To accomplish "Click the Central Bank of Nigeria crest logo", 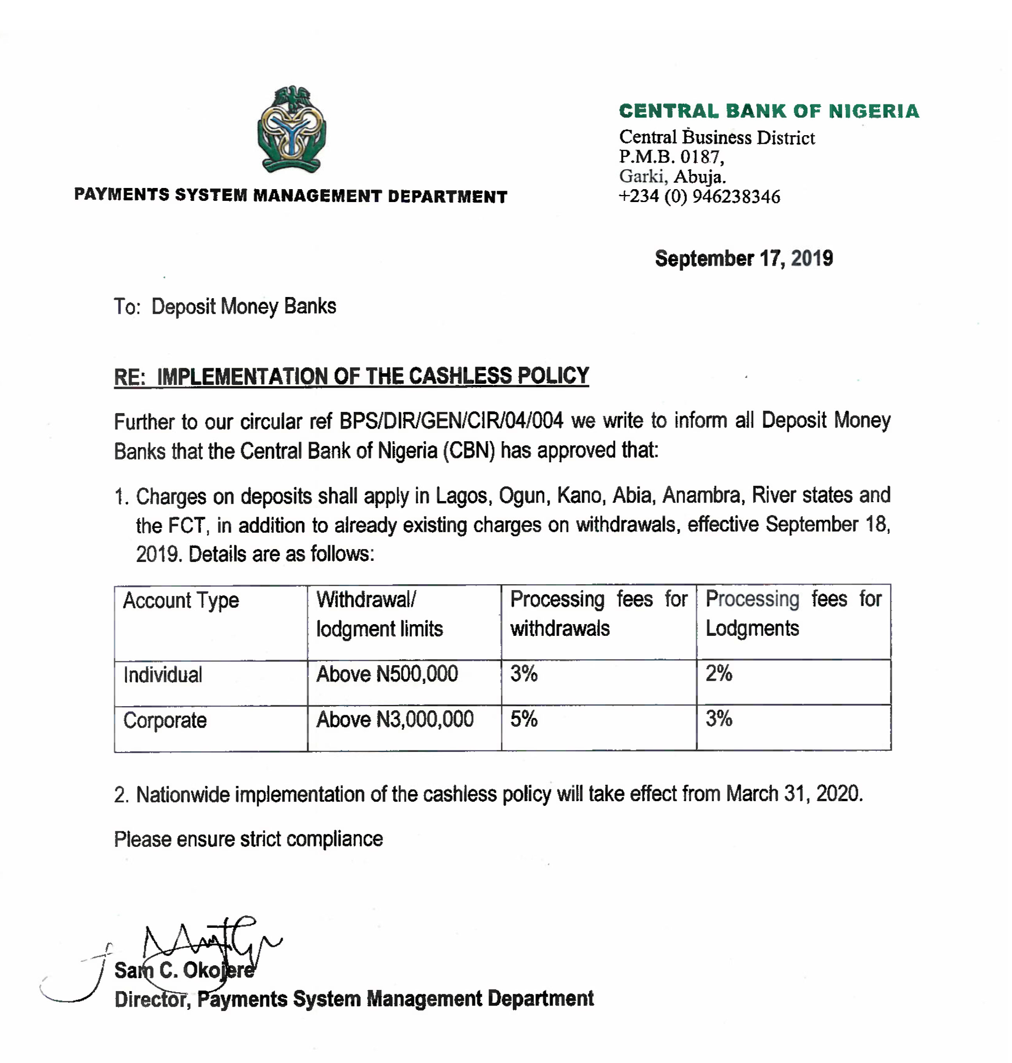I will (x=291, y=130).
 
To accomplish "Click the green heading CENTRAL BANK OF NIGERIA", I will (x=769, y=111).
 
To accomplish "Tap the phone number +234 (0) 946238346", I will (x=699, y=197).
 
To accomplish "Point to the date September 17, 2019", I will (x=744, y=259).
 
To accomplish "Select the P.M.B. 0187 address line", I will (x=671, y=157).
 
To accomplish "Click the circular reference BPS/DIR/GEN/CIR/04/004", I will (x=451, y=421).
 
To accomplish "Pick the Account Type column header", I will (x=181, y=600).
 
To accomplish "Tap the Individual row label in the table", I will (x=162, y=675).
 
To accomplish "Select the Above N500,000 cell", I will (x=387, y=674).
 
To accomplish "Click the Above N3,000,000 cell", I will (x=394, y=719).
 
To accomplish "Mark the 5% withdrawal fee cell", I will (x=524, y=719).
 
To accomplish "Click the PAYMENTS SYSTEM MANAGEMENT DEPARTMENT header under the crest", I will (x=290, y=196).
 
